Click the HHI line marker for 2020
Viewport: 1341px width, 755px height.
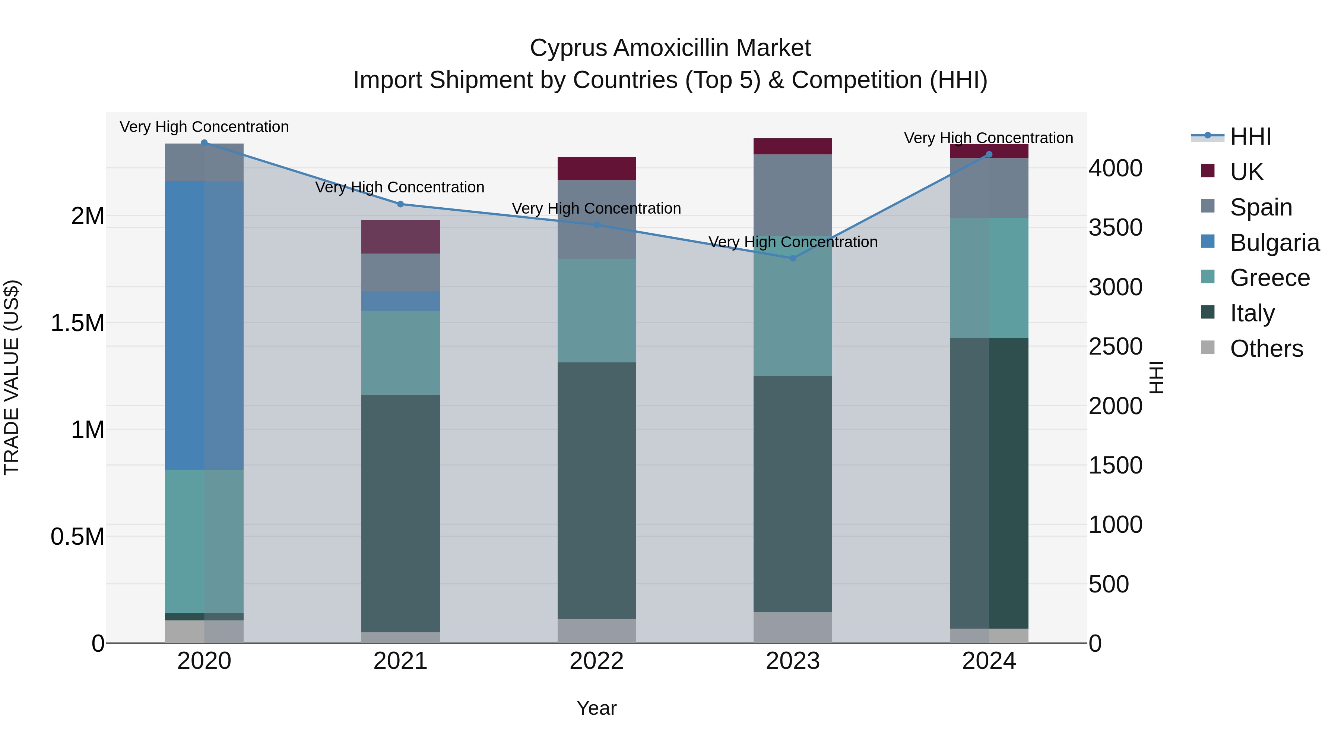pos(204,142)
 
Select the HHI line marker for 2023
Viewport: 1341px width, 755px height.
pos(793,258)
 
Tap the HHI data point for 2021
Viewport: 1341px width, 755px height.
pos(400,204)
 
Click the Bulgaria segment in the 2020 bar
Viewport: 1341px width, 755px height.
pos(204,325)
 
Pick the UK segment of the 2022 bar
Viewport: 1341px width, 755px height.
pos(597,168)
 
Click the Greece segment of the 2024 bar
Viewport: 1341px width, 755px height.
pos(989,278)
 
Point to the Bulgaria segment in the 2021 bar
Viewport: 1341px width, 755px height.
pos(400,301)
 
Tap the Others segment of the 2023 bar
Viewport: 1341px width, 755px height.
pos(793,627)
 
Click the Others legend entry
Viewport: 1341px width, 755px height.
pos(1266,349)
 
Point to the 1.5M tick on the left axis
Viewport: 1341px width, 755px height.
pos(77,323)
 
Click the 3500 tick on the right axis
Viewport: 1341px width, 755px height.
pos(1115,228)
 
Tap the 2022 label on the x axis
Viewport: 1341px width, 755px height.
pos(597,661)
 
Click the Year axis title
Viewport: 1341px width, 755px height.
pos(597,708)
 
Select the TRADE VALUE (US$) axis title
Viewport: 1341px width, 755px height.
pos(12,377)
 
